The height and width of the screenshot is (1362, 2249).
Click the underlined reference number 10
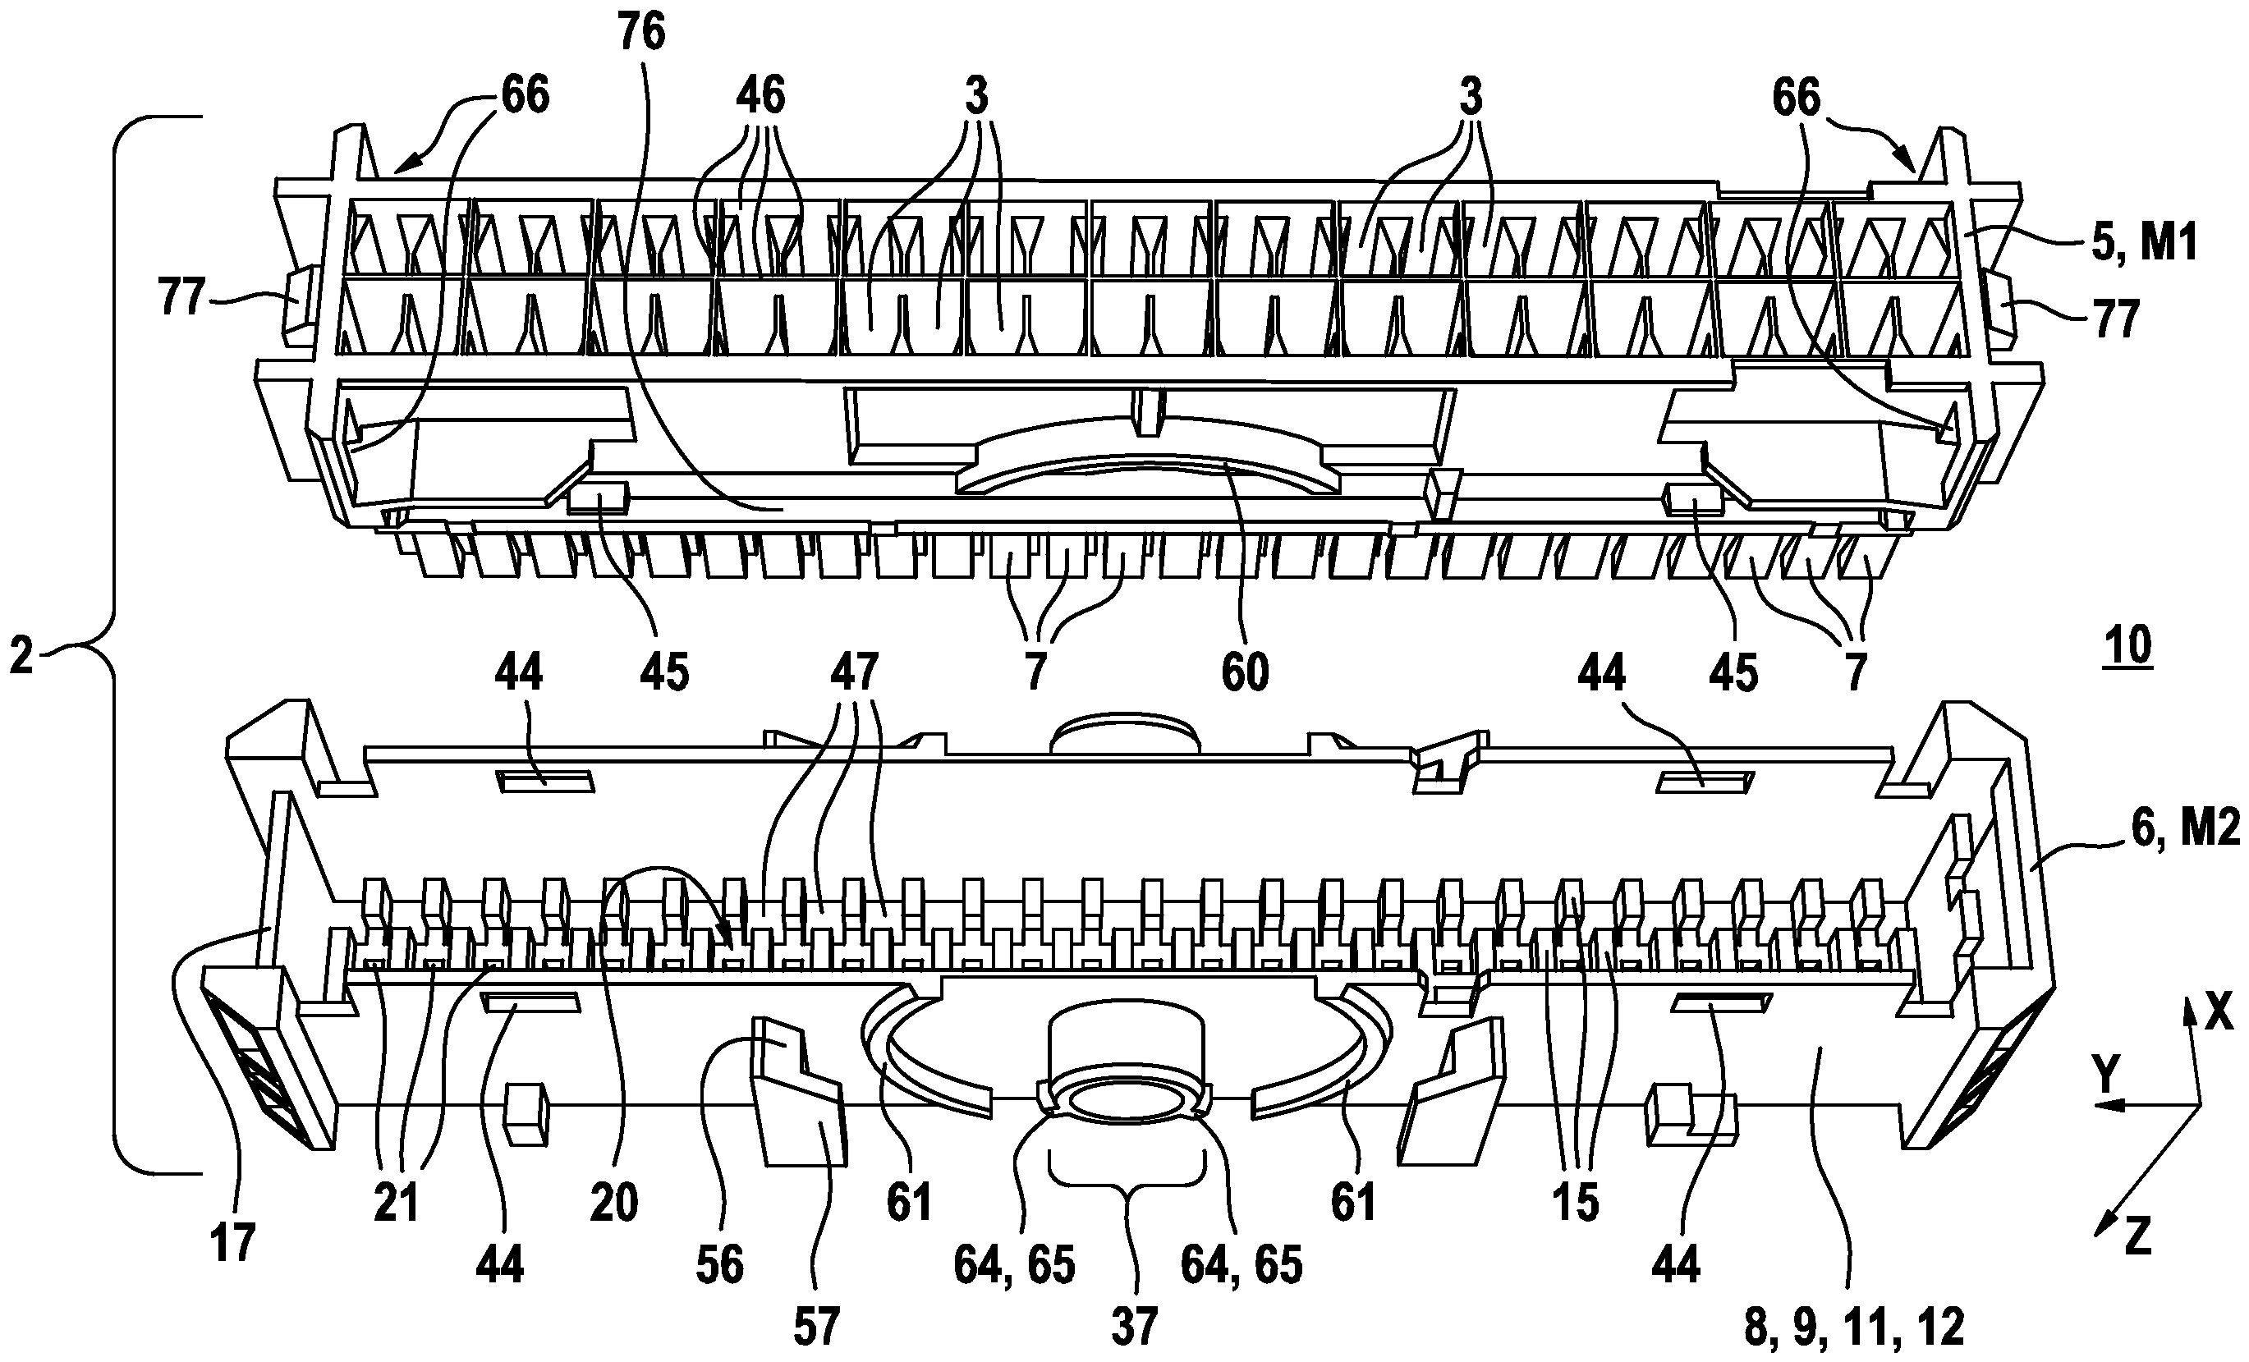click(2127, 645)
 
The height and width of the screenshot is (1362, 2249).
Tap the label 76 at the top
click(640, 32)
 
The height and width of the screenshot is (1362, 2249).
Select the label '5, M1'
click(2142, 244)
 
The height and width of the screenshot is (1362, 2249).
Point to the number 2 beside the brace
click(21, 656)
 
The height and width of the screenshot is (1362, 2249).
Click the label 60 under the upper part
click(1245, 672)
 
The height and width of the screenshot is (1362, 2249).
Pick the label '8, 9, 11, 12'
click(1854, 1327)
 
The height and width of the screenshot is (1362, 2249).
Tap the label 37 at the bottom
click(1134, 1327)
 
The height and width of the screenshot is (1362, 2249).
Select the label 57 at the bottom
click(815, 1327)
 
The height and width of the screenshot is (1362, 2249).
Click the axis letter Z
click(2137, 1238)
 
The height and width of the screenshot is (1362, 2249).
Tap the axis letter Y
click(2105, 1076)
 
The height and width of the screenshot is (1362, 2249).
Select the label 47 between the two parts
click(853, 672)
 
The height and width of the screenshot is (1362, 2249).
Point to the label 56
click(719, 1265)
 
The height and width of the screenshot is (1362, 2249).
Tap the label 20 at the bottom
click(613, 1204)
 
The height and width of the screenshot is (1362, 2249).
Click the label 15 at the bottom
click(1577, 1204)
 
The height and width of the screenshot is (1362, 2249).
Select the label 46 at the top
click(760, 95)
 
